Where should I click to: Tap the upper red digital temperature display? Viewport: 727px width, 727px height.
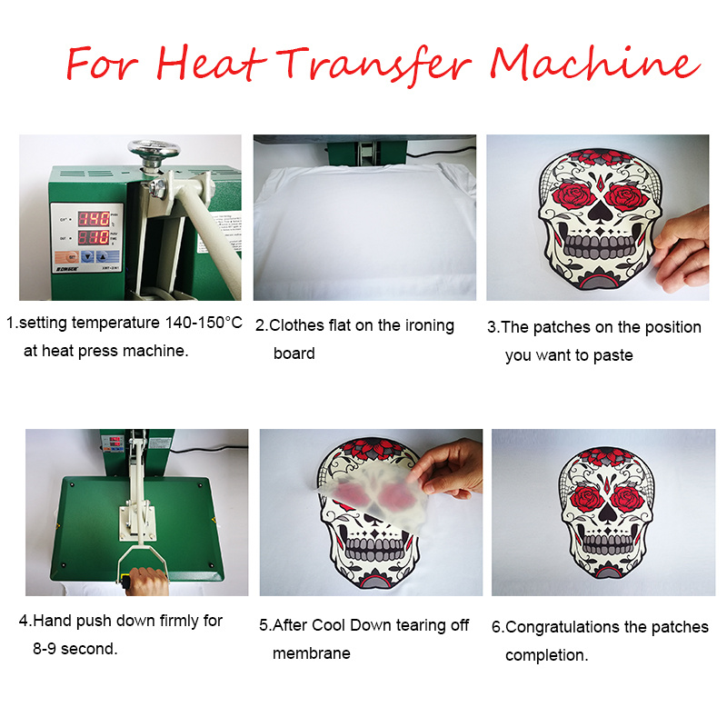(x=95, y=218)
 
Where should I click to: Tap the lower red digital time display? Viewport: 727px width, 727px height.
(x=95, y=238)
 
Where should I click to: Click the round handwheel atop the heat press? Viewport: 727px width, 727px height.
(x=153, y=149)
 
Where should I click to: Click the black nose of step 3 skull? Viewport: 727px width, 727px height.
(x=599, y=214)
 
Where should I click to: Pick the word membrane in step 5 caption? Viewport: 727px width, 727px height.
(x=312, y=653)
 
